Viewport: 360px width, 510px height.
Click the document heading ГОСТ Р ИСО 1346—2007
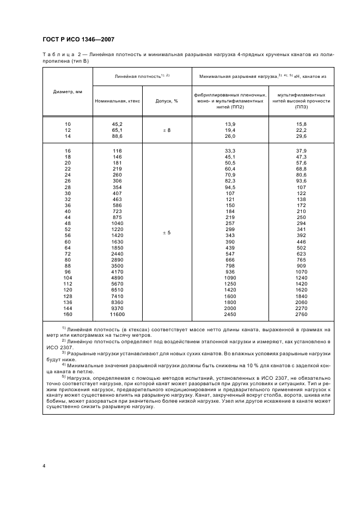click(78, 39)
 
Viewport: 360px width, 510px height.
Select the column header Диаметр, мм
click(68, 92)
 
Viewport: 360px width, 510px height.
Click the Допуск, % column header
click(167, 101)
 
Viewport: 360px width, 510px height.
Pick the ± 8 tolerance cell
click(167, 131)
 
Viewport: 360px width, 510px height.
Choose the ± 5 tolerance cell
click(167, 233)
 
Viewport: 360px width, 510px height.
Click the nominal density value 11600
click(117, 315)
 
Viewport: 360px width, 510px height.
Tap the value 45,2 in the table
click(117, 124)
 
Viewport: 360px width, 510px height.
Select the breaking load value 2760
click(301, 315)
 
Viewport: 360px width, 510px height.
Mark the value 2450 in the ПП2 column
click(230, 315)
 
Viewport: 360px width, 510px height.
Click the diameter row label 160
click(68, 315)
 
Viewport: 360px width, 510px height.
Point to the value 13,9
click(230, 124)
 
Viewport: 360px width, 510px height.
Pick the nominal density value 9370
click(117, 309)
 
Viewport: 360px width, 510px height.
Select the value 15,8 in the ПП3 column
click(301, 124)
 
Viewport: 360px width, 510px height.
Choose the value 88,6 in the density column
click(117, 137)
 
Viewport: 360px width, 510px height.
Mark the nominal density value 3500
click(117, 264)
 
